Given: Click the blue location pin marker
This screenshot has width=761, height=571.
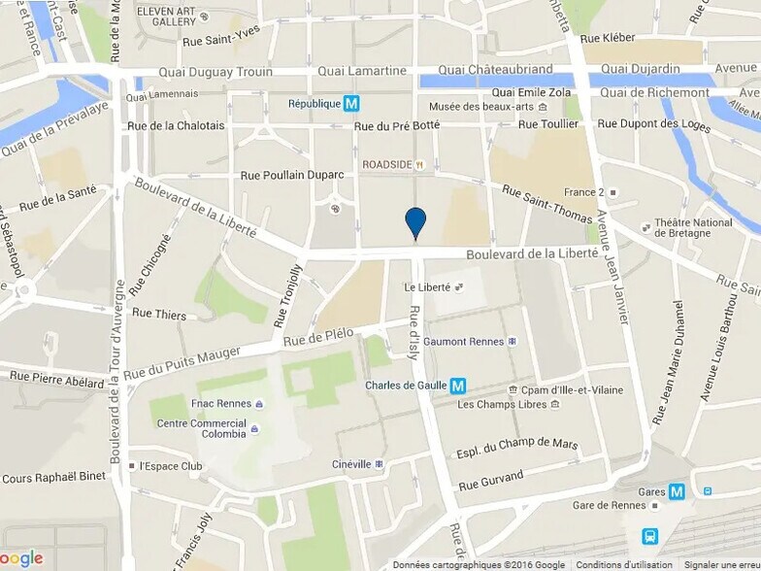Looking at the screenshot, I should (415, 221).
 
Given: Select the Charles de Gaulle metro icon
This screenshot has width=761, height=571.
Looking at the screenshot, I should (457, 385).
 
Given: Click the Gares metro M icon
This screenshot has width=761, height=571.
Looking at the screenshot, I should (677, 491).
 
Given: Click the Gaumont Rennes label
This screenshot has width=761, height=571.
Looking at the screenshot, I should (464, 341).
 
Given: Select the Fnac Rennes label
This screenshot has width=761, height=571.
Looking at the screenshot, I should (222, 403).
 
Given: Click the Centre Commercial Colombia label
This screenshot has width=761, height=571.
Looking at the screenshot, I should (201, 428).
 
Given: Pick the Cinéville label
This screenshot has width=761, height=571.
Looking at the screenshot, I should (351, 464).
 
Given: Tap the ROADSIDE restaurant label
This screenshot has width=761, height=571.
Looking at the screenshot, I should (387, 164).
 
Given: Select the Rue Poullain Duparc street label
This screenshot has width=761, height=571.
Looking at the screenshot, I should (291, 175).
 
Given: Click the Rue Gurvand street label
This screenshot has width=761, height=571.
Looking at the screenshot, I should (490, 479).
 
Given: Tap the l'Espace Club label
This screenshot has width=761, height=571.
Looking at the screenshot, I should (170, 466).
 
